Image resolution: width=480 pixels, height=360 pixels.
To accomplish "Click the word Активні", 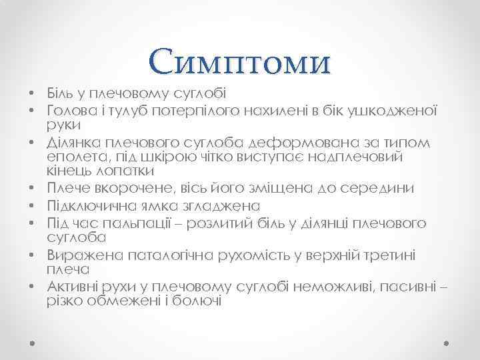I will tap(73, 286).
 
